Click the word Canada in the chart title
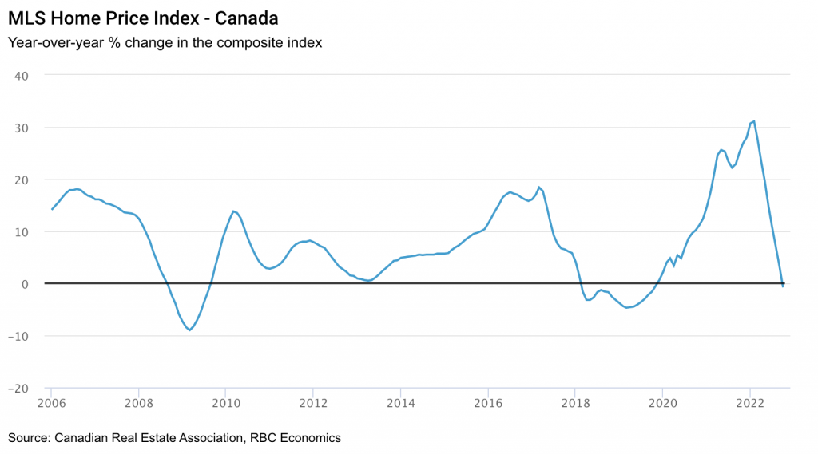tap(247, 17)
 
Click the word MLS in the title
tap(26, 17)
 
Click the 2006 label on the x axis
tap(51, 403)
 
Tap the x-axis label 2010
tap(225, 403)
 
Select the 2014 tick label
tap(400, 403)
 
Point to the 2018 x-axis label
tap(574, 403)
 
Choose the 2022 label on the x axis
tap(749, 403)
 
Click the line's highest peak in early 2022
tap(754, 121)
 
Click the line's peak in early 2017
tap(539, 188)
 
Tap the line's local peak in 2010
tap(232, 211)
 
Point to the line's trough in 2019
tap(628, 308)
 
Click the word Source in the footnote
tap(28, 437)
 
